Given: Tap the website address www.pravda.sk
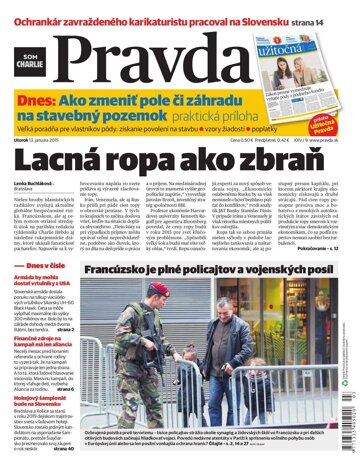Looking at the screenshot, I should click(324, 155).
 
